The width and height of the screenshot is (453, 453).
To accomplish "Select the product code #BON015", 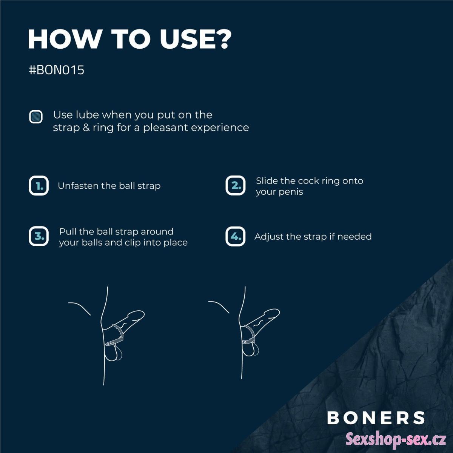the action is click(56, 70).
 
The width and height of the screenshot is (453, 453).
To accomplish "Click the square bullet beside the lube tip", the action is click(36, 117).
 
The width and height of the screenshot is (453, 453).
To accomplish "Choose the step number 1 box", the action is click(39, 185).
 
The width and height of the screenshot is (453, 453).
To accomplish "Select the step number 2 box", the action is click(235, 185).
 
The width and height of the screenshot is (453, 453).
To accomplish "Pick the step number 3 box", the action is click(39, 236).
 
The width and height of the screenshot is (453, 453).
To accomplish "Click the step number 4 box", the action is click(235, 236).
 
